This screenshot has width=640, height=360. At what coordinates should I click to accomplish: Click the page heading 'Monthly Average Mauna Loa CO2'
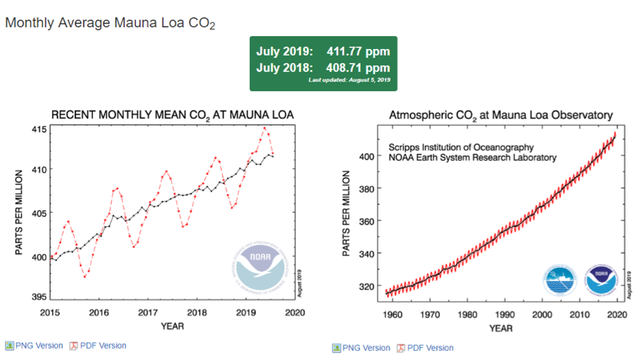pos(110,23)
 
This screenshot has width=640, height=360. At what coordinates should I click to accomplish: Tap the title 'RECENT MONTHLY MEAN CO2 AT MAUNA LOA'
pos(172,115)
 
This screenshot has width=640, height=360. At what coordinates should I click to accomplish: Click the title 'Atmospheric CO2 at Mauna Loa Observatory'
pos(500,115)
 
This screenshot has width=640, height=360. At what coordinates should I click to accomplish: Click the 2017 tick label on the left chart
pos(148,312)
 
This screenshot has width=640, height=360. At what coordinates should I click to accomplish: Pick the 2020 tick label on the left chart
pos(297,312)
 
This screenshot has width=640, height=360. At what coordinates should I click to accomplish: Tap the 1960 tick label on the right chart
pos(392,314)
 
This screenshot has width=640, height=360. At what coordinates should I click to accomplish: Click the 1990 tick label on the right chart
pos(504,314)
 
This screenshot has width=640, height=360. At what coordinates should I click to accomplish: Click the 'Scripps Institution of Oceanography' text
pos(461,146)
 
